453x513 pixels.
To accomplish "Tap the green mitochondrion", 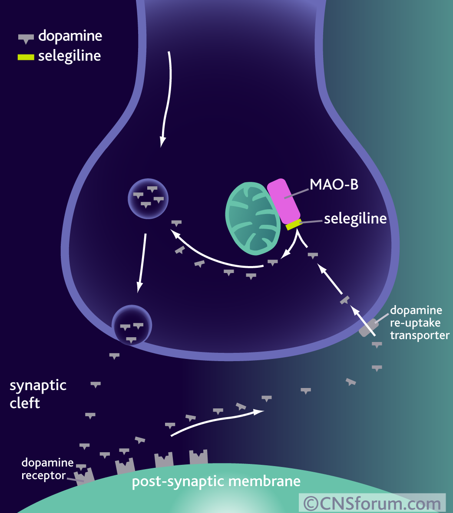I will [252, 218].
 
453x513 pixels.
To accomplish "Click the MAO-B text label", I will [334, 184].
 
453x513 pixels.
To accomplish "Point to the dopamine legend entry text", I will [70, 36].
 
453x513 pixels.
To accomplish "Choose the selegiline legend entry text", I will [69, 56].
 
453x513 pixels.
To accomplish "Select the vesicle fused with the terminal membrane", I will [132, 325].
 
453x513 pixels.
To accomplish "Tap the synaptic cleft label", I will [38, 394].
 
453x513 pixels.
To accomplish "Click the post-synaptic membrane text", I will [216, 481].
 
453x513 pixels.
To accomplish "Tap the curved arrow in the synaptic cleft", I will [217, 422].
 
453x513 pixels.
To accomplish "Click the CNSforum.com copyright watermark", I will [372, 503].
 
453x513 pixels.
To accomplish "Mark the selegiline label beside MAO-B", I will [355, 218].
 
